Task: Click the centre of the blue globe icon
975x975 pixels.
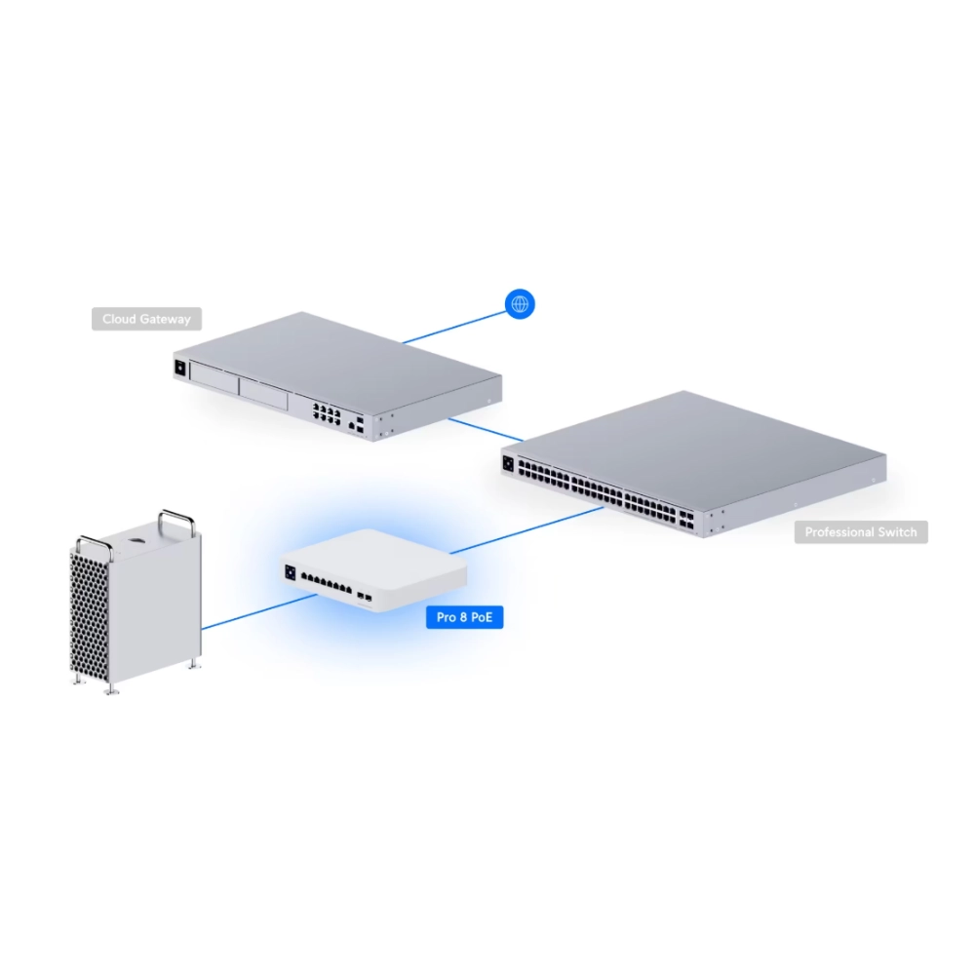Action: pos(520,304)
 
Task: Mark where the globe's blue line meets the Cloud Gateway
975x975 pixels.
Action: pos(403,342)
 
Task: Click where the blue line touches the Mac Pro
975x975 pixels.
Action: pos(202,629)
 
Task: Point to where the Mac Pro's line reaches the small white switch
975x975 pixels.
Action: pos(317,595)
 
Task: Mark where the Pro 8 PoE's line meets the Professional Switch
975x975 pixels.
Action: pos(604,507)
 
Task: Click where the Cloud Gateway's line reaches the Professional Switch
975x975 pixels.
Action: pos(524,441)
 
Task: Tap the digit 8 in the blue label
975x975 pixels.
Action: pos(464,617)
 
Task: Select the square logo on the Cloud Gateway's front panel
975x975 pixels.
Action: pos(180,369)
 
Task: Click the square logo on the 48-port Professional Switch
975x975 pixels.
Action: pos(508,463)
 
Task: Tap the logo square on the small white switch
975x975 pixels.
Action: pos(290,572)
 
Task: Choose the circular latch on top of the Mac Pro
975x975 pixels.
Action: pos(136,540)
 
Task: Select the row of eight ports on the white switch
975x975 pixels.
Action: pos(327,584)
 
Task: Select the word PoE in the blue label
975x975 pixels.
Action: pos(482,617)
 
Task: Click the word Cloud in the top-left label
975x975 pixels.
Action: pos(119,319)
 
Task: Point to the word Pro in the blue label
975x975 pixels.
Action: pos(447,617)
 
